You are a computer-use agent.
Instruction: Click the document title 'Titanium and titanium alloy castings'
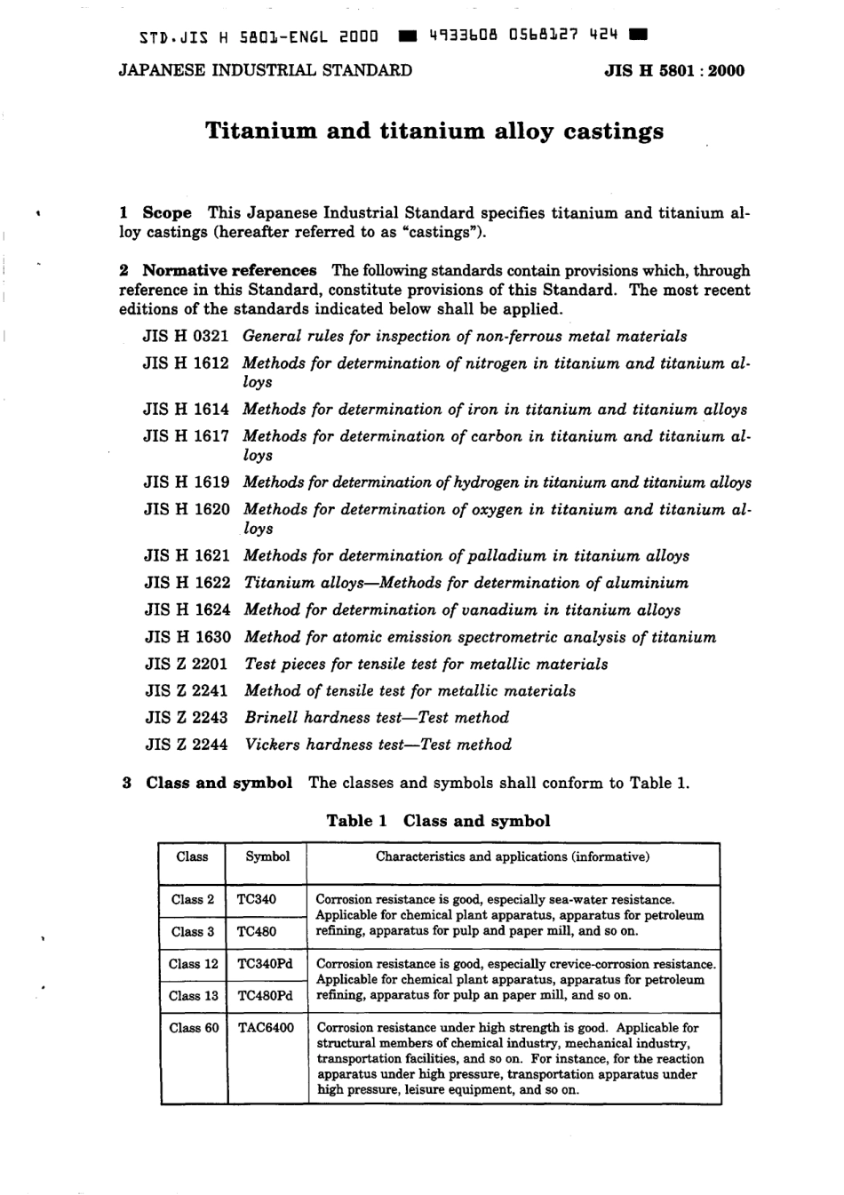pyautogui.click(x=434, y=131)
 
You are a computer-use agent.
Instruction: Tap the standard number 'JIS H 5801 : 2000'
pyautogui.click(x=674, y=71)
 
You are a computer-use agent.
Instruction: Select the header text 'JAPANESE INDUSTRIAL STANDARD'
pyautogui.click(x=266, y=71)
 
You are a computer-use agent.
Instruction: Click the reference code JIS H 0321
pyautogui.click(x=187, y=337)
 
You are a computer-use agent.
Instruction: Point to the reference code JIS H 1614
pyautogui.click(x=187, y=410)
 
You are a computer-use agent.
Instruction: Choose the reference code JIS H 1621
pyautogui.click(x=187, y=556)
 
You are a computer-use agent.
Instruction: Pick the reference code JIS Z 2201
pyautogui.click(x=187, y=665)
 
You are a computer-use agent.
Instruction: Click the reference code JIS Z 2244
pyautogui.click(x=187, y=745)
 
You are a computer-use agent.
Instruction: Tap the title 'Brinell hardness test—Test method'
pyautogui.click(x=377, y=718)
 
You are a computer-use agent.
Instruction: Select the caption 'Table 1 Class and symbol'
pyautogui.click(x=438, y=821)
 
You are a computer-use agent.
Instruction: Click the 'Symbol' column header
pyautogui.click(x=267, y=857)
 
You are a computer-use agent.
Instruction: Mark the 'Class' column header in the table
pyautogui.click(x=192, y=857)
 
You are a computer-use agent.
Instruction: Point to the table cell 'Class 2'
pyautogui.click(x=193, y=899)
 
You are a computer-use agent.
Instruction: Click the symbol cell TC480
pyautogui.click(x=257, y=931)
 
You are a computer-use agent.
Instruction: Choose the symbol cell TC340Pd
pyautogui.click(x=266, y=964)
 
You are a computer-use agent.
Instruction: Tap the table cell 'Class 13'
pyautogui.click(x=194, y=996)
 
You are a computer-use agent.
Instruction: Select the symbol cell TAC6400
pyautogui.click(x=266, y=1028)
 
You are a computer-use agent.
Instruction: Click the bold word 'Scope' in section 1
pyautogui.click(x=167, y=213)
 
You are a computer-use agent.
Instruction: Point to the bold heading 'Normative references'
pyautogui.click(x=229, y=271)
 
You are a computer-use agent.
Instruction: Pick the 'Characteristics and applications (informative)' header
pyautogui.click(x=513, y=857)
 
